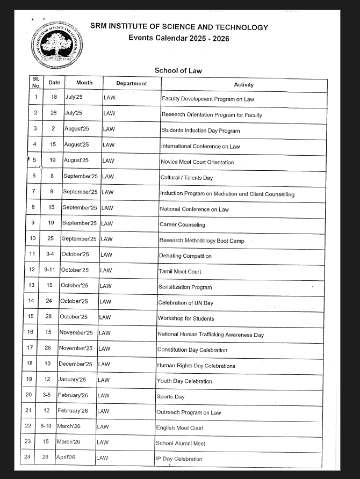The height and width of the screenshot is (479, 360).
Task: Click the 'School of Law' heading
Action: [178, 70]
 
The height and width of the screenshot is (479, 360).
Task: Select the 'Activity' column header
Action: [243, 85]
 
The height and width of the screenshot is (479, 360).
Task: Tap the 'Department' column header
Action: [131, 83]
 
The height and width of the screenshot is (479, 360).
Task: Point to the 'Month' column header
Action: [84, 83]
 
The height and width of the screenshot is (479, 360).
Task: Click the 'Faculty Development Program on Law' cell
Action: [207, 99]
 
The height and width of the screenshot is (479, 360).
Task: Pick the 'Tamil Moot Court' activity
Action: [179, 272]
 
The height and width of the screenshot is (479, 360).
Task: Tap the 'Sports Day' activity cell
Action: [170, 397]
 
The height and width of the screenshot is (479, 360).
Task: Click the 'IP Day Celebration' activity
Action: [179, 459]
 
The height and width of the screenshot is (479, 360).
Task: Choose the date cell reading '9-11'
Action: [50, 270]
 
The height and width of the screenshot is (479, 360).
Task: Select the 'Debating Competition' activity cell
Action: [185, 256]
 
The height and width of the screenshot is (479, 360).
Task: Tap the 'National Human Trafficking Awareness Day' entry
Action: [210, 335]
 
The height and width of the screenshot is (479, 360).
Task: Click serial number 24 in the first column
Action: [26, 457]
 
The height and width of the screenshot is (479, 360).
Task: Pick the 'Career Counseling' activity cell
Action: [182, 225]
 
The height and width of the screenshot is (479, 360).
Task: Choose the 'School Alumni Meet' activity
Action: [180, 443]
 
